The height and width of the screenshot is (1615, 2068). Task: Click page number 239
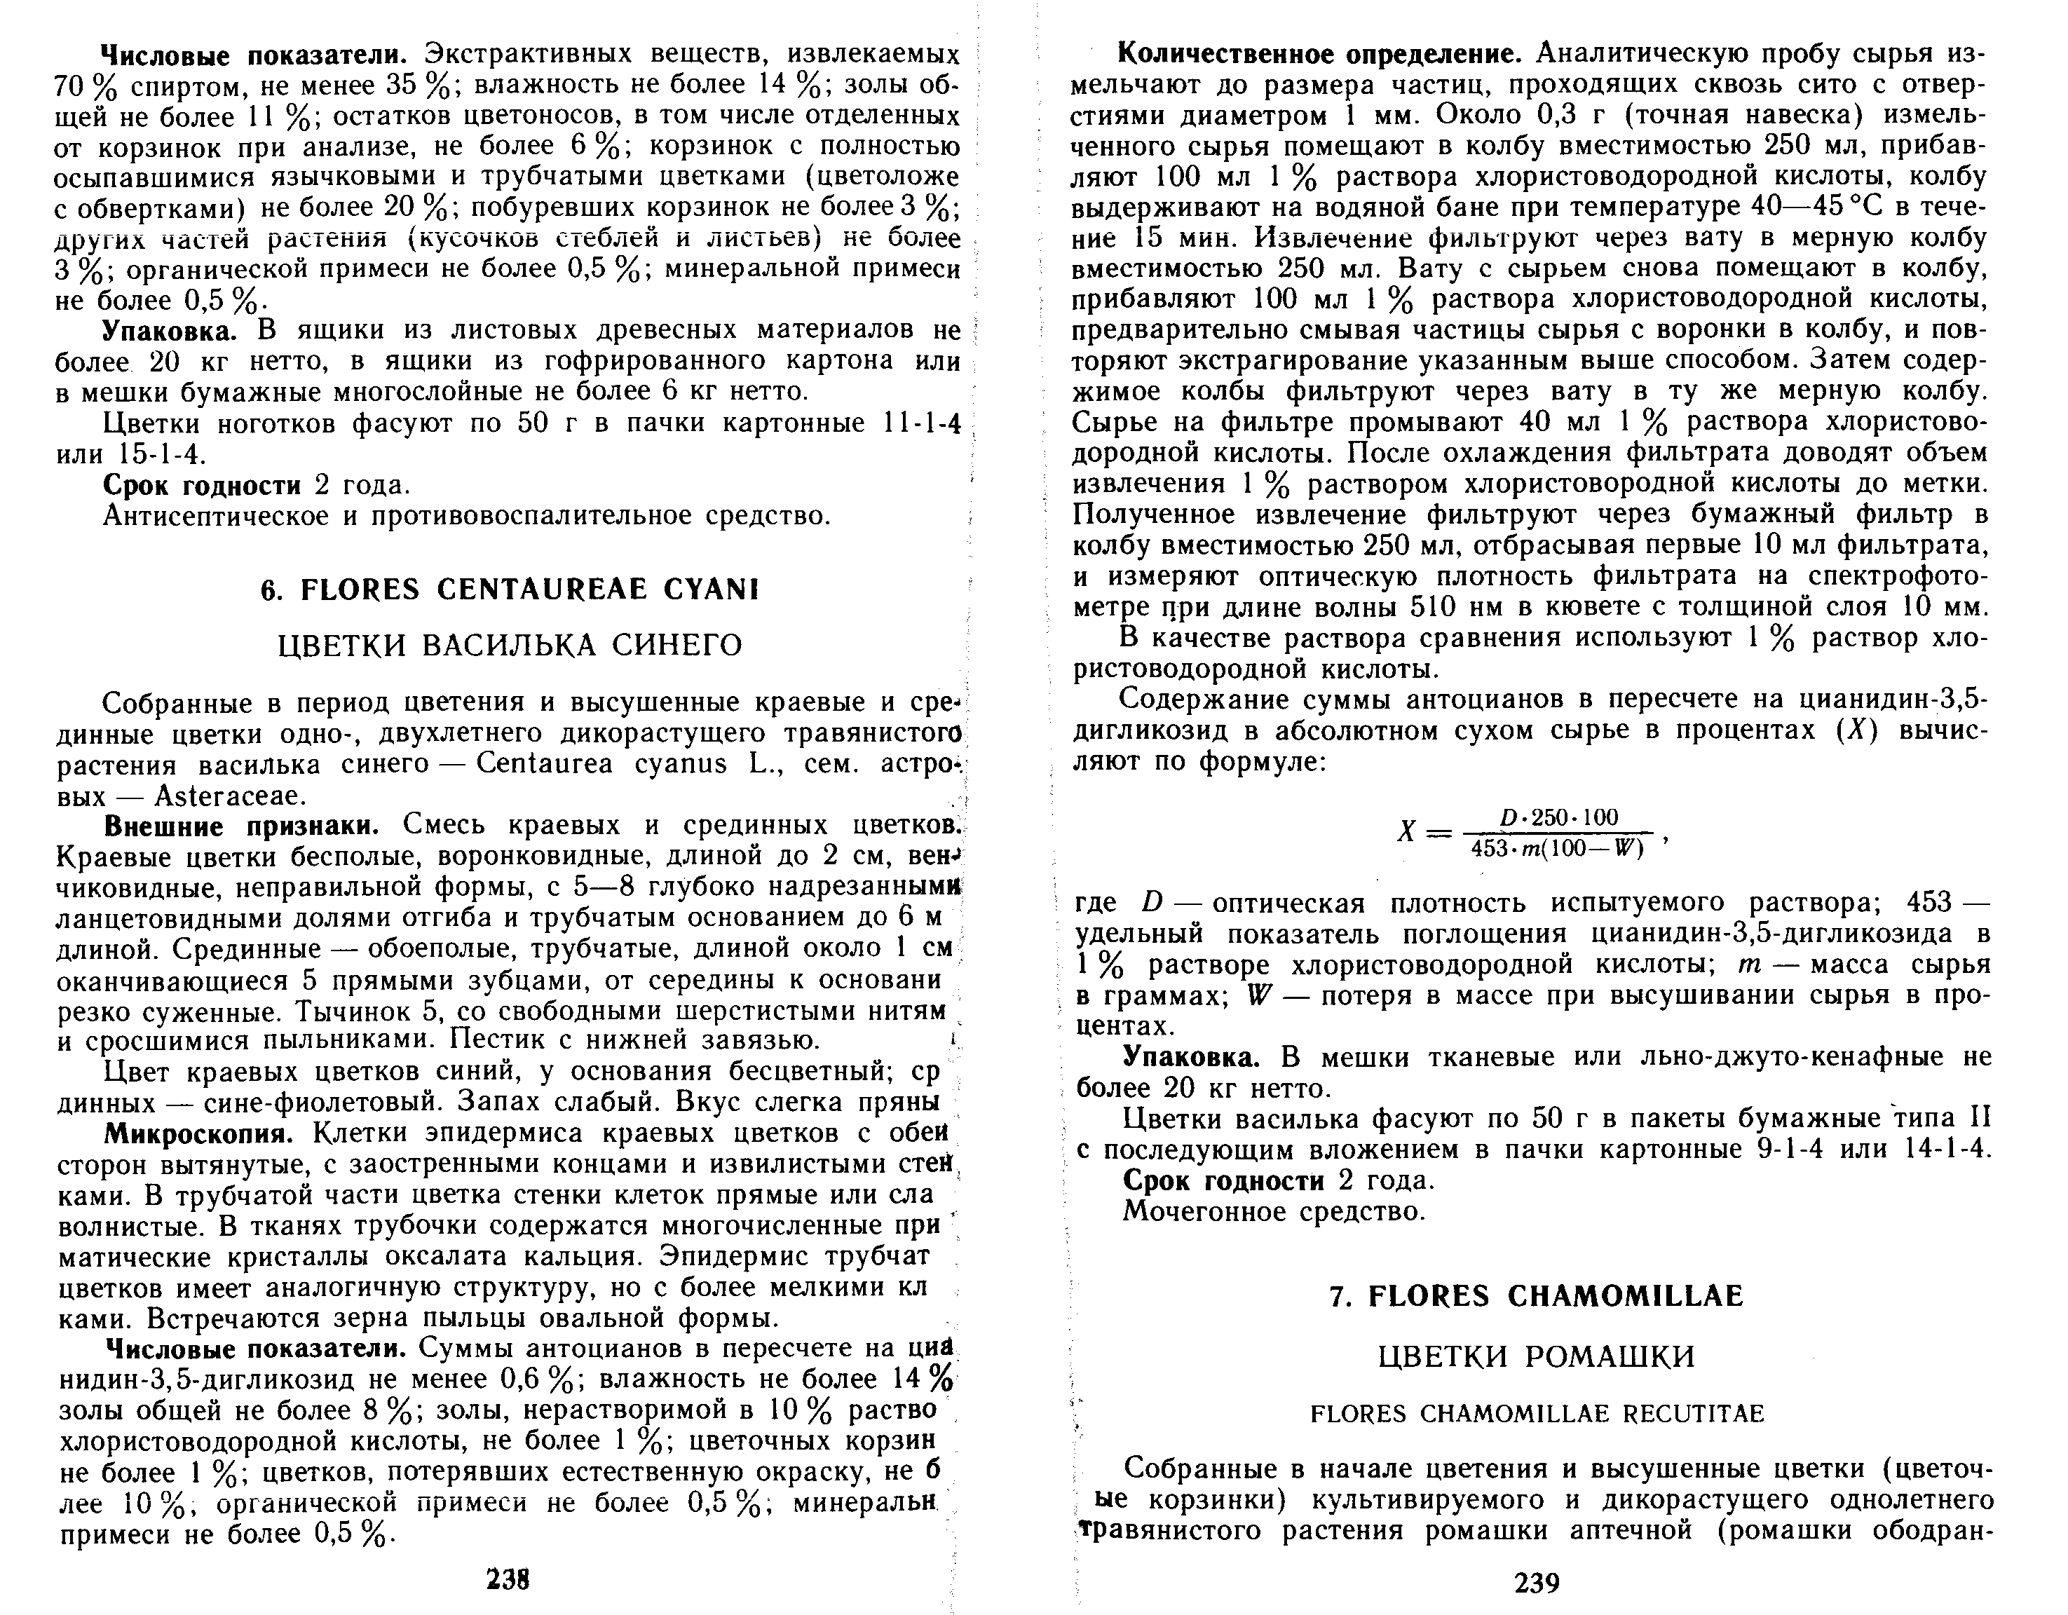(1537, 1583)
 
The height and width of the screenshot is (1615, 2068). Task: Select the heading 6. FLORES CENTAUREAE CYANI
(510, 590)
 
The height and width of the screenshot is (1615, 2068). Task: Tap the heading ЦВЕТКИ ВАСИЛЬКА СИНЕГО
(510, 646)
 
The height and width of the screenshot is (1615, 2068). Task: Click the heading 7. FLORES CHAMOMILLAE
(1537, 1296)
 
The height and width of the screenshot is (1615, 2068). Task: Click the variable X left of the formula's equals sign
(1406, 833)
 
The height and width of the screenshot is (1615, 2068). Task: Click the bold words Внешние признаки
(241, 826)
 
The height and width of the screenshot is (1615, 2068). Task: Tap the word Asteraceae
(227, 795)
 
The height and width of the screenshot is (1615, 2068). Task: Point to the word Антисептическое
(224, 516)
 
